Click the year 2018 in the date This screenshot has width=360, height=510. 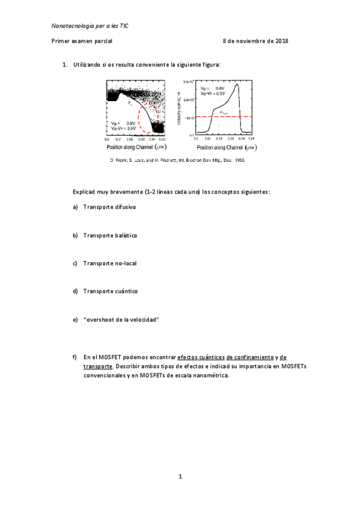[281, 41]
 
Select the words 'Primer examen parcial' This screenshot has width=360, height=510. [82, 41]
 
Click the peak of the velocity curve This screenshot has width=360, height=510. [239, 84]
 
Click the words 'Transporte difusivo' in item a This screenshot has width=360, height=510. [109, 207]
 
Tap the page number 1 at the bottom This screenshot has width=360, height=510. [180, 476]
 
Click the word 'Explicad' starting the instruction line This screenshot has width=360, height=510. [85, 191]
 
